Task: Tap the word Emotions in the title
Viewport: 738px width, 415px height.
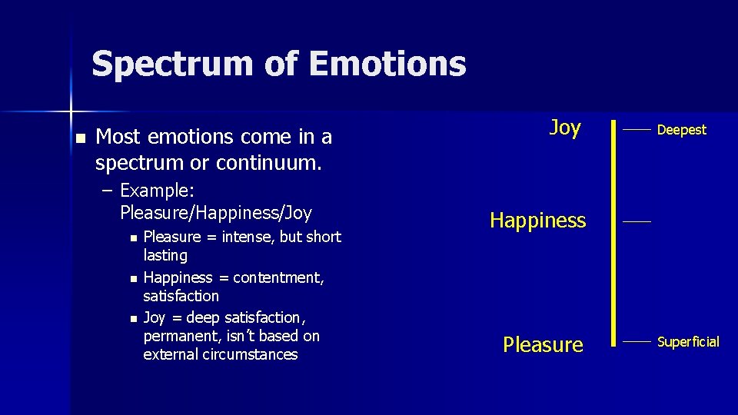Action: tap(387, 64)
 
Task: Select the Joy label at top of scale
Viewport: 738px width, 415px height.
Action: tap(565, 128)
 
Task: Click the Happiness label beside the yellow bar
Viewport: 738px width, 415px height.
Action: tap(538, 221)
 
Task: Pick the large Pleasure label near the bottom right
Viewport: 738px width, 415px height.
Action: tap(543, 344)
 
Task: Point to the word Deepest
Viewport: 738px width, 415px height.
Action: tap(681, 130)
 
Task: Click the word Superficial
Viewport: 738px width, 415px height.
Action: tap(688, 342)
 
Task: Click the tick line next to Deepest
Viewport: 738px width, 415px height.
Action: tap(637, 130)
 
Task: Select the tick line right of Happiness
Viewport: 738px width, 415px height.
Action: tap(637, 221)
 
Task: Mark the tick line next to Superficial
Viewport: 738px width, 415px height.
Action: tap(637, 341)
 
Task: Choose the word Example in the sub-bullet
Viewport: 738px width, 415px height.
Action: tap(154, 191)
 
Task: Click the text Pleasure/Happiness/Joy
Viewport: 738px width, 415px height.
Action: tap(216, 212)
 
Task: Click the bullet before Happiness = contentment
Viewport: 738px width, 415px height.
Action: tap(134, 278)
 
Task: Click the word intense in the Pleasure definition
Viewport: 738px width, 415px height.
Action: tap(247, 237)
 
